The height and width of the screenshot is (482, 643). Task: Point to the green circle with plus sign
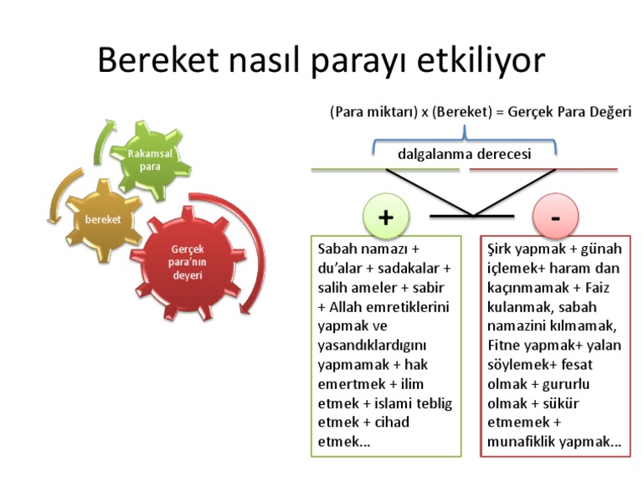pos(386,217)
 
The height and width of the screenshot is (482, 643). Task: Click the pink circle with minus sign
pos(555,217)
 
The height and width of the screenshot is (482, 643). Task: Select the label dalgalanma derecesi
pos(464,154)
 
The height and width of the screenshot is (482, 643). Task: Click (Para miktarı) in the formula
pos(373,112)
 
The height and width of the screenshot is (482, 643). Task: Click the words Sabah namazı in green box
pos(360,249)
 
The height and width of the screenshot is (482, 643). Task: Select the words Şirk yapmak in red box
pos(525,249)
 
